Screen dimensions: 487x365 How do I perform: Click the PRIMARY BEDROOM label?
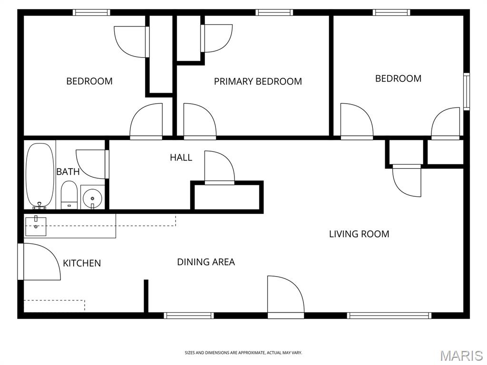click(x=258, y=81)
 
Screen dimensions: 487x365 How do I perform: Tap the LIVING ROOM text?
click(x=359, y=234)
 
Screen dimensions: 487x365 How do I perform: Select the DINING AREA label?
click(x=206, y=262)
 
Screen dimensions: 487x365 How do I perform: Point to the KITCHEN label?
click(x=82, y=263)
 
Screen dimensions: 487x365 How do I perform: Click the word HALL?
click(x=181, y=157)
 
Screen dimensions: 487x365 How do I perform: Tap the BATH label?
click(x=68, y=172)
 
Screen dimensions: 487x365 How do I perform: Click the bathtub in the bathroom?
click(x=39, y=176)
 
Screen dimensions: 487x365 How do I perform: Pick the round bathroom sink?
click(x=92, y=198)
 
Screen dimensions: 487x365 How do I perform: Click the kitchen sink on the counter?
click(x=36, y=227)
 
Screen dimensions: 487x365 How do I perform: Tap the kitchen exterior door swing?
click(x=40, y=262)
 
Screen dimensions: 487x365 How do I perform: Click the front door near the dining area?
click(x=286, y=297)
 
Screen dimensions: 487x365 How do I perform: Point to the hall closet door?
click(x=220, y=168)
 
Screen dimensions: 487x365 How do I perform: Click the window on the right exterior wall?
click(x=466, y=92)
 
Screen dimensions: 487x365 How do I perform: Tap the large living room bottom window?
click(x=389, y=316)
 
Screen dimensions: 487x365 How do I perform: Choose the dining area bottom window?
click(x=189, y=316)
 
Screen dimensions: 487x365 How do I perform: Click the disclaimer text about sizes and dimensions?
click(x=243, y=353)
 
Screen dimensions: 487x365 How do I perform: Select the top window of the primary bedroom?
click(x=274, y=12)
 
